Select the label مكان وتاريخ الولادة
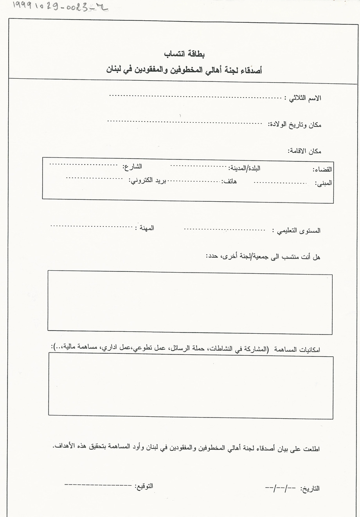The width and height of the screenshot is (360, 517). click(295, 125)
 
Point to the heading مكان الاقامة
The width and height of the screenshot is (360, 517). click(304, 151)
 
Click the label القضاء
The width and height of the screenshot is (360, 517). click(322, 170)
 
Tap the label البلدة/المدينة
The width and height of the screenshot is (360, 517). click(244, 168)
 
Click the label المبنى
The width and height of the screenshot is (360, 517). click(324, 183)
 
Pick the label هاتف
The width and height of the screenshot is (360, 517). click(229, 181)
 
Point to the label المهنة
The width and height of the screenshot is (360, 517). click(144, 228)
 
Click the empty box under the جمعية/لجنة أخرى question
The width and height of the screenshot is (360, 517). click(190, 302)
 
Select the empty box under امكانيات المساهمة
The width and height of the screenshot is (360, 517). click(191, 385)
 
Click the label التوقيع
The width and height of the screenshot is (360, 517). click(144, 486)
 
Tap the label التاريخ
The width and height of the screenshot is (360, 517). click(310, 489)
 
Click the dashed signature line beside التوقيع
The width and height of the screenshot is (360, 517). click(98, 485)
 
